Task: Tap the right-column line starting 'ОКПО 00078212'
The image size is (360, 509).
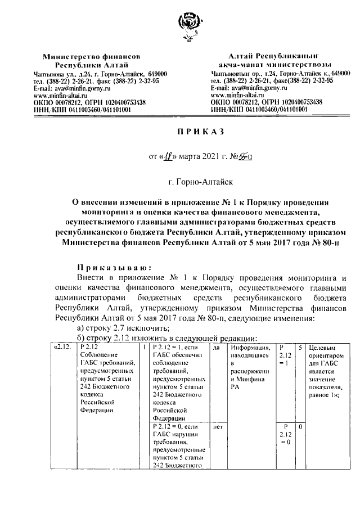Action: [266, 102]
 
